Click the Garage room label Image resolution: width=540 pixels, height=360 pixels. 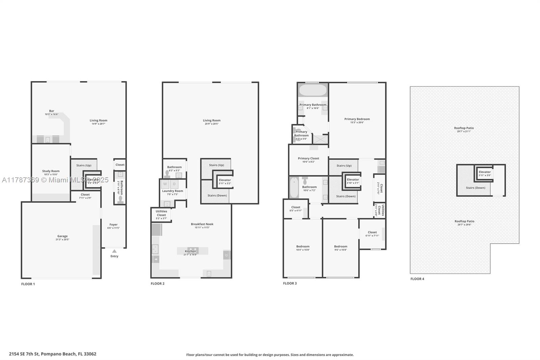62,236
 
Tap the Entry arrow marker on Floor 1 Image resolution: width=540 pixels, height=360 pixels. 114,251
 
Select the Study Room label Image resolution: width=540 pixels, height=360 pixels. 51,171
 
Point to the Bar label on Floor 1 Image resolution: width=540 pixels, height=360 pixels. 52,111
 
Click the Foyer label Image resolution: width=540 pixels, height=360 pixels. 113,225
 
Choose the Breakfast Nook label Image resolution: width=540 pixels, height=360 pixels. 202,224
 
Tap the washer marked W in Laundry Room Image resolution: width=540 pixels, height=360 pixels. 165,184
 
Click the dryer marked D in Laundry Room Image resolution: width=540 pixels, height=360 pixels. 174,184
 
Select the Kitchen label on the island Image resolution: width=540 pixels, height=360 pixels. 190,251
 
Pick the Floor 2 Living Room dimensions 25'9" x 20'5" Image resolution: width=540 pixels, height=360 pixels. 211,124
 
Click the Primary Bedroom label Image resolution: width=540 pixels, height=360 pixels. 357,119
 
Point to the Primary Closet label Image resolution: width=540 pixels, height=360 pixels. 308,158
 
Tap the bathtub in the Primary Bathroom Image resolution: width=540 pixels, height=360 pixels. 313,90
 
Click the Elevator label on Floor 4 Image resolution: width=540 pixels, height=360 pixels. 485,172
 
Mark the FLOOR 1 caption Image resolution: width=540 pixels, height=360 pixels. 28,284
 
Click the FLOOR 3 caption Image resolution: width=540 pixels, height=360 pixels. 290,283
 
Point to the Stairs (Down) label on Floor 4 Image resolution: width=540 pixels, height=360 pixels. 476,188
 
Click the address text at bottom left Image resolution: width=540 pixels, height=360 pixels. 53,354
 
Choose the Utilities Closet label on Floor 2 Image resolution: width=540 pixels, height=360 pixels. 161,213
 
